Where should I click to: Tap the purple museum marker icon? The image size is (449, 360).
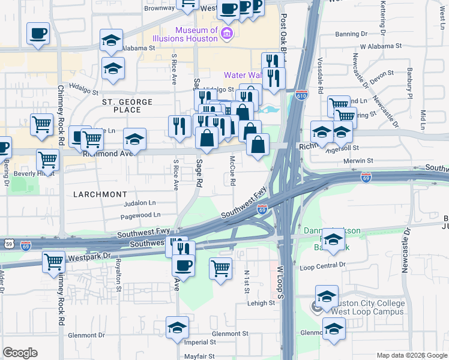tap(226, 32)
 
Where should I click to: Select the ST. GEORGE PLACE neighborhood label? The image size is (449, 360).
tap(129, 106)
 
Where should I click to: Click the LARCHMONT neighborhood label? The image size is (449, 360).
tap(100, 194)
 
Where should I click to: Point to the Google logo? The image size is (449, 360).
tap(20, 353)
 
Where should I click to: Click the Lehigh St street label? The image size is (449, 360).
tap(261, 303)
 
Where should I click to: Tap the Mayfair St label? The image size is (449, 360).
tap(199, 356)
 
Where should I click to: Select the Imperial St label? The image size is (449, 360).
tap(200, 343)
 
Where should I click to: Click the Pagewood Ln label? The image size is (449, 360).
tap(140, 214)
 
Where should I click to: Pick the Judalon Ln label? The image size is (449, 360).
tap(139, 203)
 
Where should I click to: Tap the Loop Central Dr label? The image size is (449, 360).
tap(323, 265)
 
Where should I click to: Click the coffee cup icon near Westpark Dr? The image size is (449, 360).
tap(183, 265)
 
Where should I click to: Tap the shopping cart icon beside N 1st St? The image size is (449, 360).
tap(221, 268)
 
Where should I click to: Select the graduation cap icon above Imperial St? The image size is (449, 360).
tap(177, 328)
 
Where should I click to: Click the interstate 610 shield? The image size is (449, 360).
tap(301, 95)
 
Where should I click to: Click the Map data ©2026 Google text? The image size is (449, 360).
tap(412, 355)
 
